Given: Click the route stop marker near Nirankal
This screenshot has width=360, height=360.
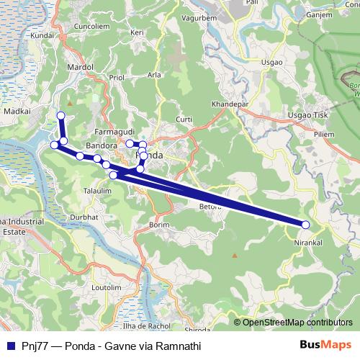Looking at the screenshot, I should [x=305, y=225].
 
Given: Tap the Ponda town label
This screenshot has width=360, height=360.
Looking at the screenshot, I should [x=151, y=156].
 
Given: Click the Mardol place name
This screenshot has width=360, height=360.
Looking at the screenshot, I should [x=81, y=67].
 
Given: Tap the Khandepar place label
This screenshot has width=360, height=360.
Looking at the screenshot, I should [x=229, y=104].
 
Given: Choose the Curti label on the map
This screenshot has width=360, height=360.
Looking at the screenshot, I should [x=184, y=120].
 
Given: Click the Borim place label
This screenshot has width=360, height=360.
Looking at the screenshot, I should [x=159, y=225].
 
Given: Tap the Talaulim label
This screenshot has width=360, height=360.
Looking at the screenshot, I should [x=98, y=190].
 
